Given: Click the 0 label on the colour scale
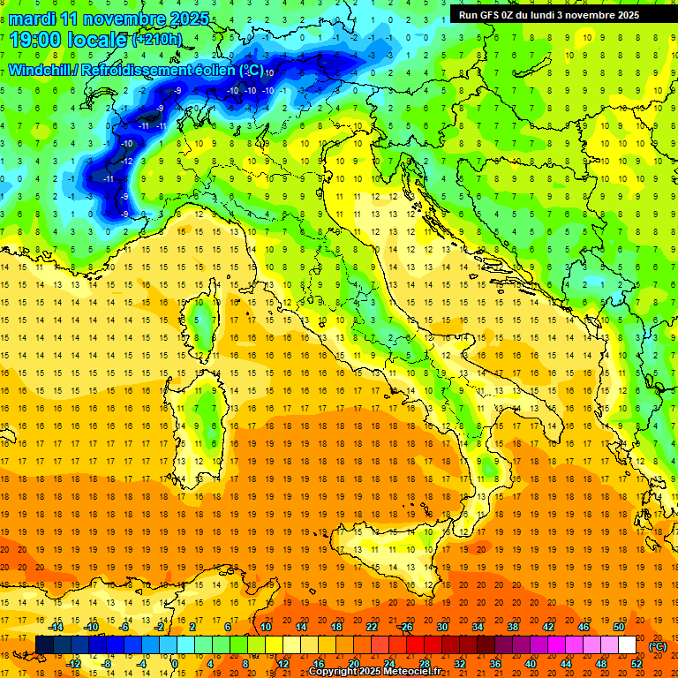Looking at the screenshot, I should click(x=174, y=663).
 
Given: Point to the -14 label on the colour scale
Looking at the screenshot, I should click(x=56, y=627).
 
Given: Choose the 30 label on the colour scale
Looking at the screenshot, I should click(x=441, y=627).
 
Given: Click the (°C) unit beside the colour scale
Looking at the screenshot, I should click(x=657, y=645).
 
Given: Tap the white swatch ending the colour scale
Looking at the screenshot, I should click(x=627, y=645).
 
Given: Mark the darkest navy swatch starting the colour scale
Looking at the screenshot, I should click(x=43, y=645).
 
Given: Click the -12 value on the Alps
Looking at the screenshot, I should click(x=128, y=162).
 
